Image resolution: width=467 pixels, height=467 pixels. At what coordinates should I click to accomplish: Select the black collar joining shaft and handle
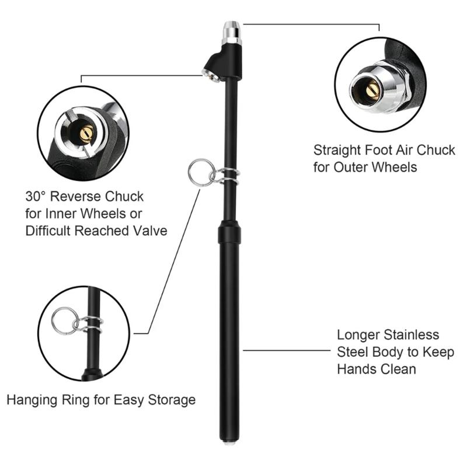click(x=229, y=232)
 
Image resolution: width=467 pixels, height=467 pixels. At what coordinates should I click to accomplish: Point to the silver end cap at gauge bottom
click(x=229, y=442)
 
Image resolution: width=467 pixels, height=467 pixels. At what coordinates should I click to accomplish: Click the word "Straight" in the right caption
click(x=337, y=150)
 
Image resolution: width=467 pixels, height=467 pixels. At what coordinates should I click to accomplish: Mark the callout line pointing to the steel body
click(x=286, y=350)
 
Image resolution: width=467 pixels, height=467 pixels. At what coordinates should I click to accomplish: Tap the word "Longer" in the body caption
click(x=358, y=335)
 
